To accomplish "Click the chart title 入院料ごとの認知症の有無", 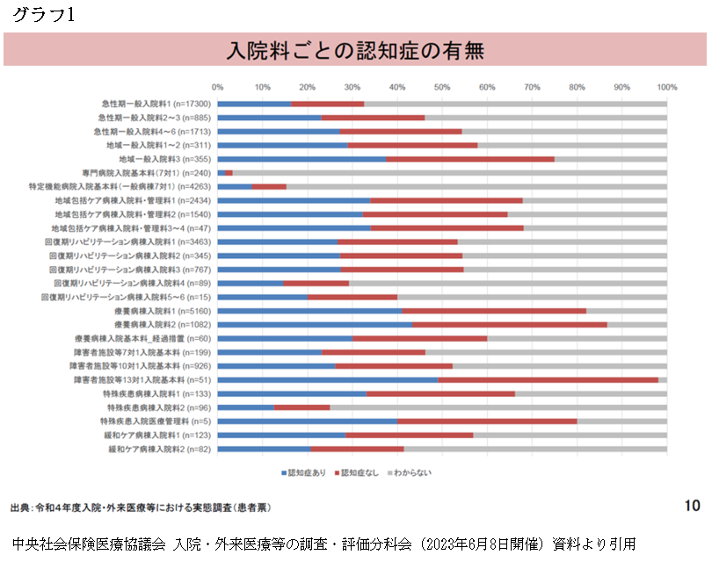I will pyautogui.click(x=355, y=49).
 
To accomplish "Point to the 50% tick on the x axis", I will pyautogui.click(x=442, y=87).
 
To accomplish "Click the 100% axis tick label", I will pyautogui.click(x=667, y=87).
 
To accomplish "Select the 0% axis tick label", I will pyautogui.click(x=218, y=87).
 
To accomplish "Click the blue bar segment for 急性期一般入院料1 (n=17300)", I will pyautogui.click(x=254, y=104).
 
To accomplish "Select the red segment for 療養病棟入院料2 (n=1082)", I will pyautogui.click(x=510, y=325).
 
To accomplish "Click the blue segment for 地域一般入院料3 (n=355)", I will pyautogui.click(x=302, y=159).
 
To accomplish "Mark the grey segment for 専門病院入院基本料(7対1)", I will pyautogui.click(x=448, y=173).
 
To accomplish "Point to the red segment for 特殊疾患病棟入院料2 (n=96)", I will pyautogui.click(x=302, y=407).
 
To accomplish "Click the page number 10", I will pyautogui.click(x=692, y=506).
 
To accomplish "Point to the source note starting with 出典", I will pyautogui.click(x=141, y=508).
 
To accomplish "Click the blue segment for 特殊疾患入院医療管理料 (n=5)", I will pyautogui.click(x=307, y=421).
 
